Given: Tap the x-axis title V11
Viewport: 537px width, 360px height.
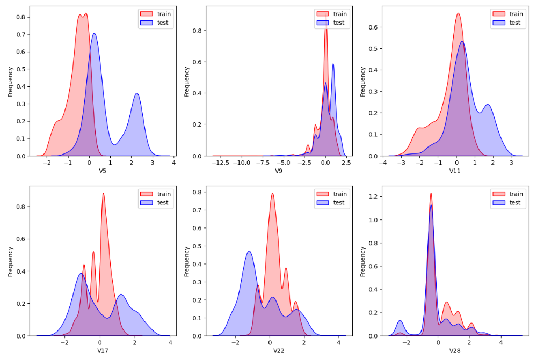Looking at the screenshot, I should click(456, 171).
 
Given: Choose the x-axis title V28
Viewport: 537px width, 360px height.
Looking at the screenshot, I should click(456, 351).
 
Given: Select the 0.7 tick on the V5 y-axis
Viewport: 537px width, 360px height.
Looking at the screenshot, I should click(20, 34).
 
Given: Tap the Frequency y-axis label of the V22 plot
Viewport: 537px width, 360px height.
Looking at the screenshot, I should click(187, 262).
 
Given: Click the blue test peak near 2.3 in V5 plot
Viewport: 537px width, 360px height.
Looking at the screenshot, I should click(137, 94).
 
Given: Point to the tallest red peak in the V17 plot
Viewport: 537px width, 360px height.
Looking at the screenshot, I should click(103, 194).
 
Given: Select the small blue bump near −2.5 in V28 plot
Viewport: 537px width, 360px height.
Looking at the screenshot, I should click(400, 321).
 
